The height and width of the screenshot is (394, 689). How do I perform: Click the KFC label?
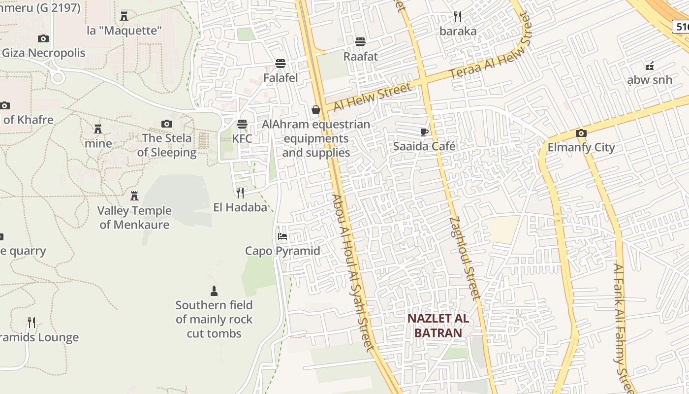point(242,138)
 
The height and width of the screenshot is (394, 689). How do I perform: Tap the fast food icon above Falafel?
point(281,64)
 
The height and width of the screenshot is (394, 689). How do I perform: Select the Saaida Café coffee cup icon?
point(424,131)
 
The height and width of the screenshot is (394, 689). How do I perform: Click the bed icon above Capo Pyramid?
point(282,236)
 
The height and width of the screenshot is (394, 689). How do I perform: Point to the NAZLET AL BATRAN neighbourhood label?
point(438,326)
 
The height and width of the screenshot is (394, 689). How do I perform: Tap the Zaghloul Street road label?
point(465,258)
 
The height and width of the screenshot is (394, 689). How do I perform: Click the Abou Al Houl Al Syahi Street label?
point(353,272)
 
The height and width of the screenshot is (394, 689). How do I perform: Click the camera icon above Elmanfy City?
point(581,133)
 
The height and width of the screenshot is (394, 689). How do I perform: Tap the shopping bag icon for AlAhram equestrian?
point(316,110)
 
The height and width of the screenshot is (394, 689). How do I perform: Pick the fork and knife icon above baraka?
point(458,17)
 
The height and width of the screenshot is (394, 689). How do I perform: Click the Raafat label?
point(361,56)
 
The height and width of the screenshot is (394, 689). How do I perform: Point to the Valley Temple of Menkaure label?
point(134,218)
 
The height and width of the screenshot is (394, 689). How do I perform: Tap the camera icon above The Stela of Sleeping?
point(167,124)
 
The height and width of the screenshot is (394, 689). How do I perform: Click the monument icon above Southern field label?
point(214,291)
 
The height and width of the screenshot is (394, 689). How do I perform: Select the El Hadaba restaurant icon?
point(240,193)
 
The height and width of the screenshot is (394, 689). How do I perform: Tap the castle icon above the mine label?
point(98,129)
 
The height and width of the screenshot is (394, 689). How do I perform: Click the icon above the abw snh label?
point(650,66)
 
